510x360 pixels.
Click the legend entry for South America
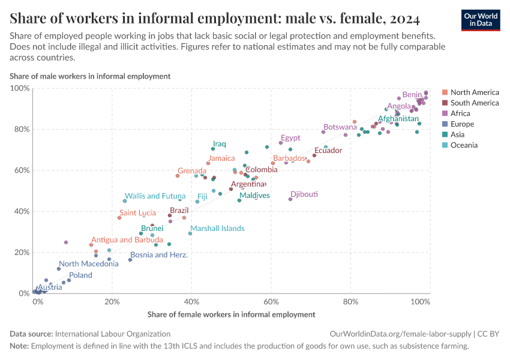(474, 103)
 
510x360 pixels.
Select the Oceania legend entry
(465, 145)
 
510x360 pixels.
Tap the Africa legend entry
(460, 113)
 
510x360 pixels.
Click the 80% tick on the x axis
(351, 302)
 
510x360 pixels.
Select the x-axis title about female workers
(231, 314)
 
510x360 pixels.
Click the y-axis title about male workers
(90, 76)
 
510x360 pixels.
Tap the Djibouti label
(304, 194)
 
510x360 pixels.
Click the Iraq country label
(219, 144)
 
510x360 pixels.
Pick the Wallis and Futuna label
(154, 196)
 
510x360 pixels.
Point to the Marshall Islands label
(217, 229)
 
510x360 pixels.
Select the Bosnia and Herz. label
(158, 255)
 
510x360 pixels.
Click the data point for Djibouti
(290, 199)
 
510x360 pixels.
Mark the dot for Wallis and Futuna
(125, 201)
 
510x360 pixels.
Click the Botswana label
(340, 127)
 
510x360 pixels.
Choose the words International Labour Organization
(112, 334)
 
